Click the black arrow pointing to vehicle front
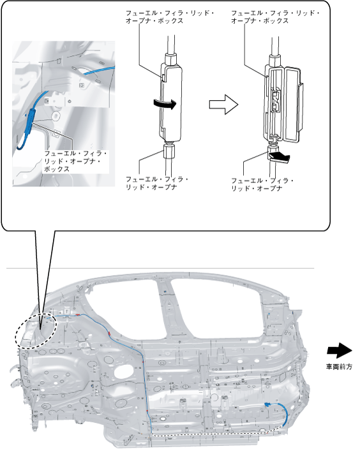(340, 351)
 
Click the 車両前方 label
(339, 367)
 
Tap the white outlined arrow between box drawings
(223, 105)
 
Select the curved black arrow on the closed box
(165, 104)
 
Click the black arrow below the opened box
(280, 157)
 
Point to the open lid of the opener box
(294, 103)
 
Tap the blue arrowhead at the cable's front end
(267, 404)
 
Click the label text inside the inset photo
(75, 161)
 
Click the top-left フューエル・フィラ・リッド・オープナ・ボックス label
(170, 17)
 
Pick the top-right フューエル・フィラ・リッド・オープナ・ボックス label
(276, 17)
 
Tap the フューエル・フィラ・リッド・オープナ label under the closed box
(157, 183)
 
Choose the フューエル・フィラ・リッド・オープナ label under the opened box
(262, 184)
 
